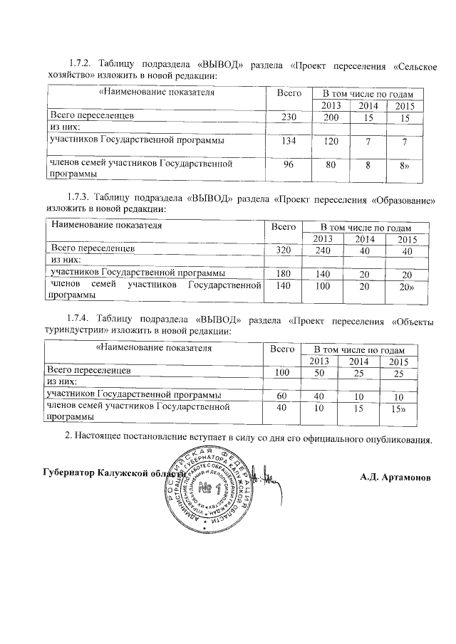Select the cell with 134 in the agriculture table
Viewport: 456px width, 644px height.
click(x=289, y=142)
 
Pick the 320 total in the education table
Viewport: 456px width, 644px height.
click(x=284, y=250)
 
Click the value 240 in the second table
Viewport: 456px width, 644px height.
click(x=323, y=250)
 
